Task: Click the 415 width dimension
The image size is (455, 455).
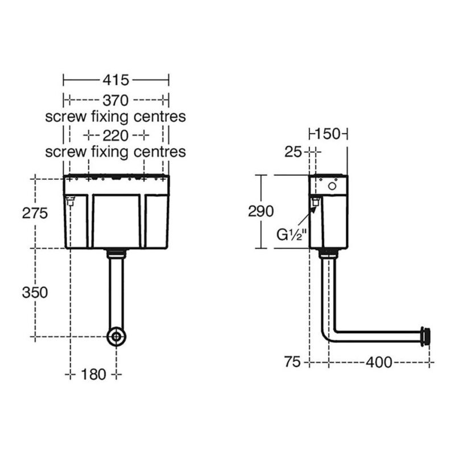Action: [116, 80]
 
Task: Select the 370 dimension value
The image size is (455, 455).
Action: [115, 101]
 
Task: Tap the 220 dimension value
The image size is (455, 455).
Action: [115, 135]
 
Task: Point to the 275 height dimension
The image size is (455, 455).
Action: [35, 214]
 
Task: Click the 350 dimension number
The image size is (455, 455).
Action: [35, 292]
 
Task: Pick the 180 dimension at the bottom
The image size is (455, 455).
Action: [93, 375]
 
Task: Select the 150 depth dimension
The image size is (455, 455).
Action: [328, 134]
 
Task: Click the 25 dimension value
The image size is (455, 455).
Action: [293, 152]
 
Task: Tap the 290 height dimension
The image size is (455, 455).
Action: [260, 211]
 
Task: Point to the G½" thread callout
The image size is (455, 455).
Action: [292, 235]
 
